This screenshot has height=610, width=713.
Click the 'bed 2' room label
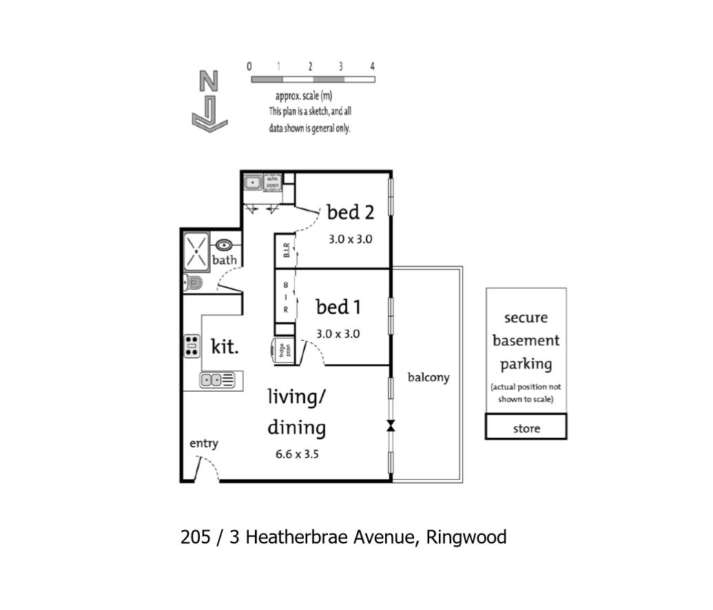[350, 212]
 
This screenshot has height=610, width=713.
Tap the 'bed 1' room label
[338, 307]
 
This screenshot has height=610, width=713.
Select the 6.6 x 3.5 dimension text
[297, 454]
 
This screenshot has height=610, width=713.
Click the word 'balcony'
[428, 377]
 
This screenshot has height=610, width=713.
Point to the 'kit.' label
[225, 346]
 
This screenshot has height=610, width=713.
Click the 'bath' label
[225, 260]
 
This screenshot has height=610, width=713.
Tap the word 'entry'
[204, 443]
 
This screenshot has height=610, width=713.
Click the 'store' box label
[526, 428]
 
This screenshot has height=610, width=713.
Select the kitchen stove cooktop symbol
[192, 346]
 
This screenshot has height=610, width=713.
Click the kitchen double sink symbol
[218, 379]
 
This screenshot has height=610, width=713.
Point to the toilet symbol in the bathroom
[192, 283]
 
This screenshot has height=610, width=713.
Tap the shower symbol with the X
[196, 252]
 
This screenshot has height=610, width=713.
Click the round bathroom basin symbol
[224, 246]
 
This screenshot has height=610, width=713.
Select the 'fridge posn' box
[283, 351]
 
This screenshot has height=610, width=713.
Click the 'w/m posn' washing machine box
[272, 182]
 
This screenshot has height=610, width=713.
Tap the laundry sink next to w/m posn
[253, 182]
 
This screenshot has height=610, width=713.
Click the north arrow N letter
[209, 81]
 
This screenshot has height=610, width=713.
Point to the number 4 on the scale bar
[373, 66]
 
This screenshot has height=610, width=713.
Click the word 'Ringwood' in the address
[466, 537]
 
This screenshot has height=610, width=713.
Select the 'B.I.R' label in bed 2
[287, 251]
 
